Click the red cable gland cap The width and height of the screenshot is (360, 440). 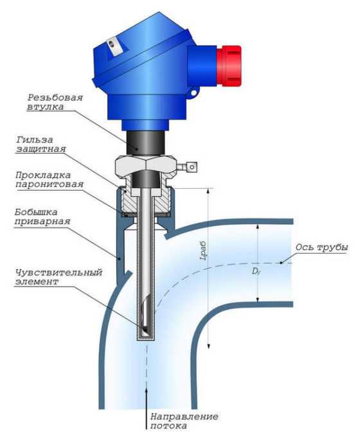click(x=229, y=66)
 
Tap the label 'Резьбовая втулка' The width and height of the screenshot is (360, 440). click(x=55, y=102)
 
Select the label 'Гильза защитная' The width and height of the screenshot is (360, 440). click(x=41, y=145)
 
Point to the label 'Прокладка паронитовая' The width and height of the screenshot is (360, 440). click(x=50, y=180)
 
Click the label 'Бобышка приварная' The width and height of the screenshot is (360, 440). click(x=42, y=216)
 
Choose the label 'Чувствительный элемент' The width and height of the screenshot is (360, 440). click(x=59, y=277)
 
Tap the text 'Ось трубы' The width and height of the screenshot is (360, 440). click(x=322, y=247)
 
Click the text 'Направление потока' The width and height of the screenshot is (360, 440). click(x=184, y=421)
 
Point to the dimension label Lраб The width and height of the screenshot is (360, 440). click(x=203, y=251)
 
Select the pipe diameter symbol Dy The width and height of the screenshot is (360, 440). click(x=256, y=271)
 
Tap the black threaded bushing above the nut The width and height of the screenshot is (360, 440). click(x=145, y=143)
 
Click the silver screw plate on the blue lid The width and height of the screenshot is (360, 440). click(x=115, y=46)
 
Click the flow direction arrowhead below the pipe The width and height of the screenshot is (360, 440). click(x=147, y=392)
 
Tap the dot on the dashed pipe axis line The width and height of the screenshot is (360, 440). click(x=281, y=263)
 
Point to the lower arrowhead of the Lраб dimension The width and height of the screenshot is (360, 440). click(x=208, y=344)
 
